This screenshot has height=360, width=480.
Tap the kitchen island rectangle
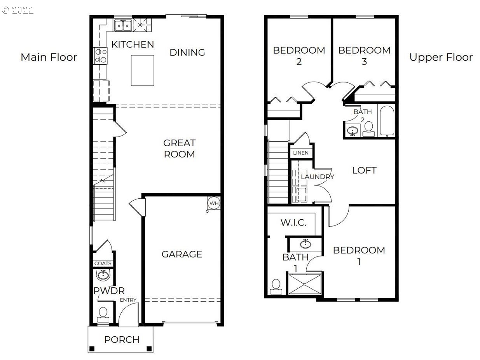(142, 70)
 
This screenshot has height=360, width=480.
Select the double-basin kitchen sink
(123, 25)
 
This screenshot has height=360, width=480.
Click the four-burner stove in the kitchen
(101, 56)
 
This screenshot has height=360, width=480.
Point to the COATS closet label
(103, 263)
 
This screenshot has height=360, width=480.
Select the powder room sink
(103, 276)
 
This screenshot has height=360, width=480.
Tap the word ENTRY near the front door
(128, 300)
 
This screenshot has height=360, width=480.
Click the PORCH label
(122, 340)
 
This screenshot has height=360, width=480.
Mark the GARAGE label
(182, 254)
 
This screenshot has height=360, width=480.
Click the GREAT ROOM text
(179, 149)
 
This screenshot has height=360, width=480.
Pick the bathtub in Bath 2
(387, 121)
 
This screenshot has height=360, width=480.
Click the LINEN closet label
(301, 153)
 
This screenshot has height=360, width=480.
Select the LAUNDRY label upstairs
(318, 177)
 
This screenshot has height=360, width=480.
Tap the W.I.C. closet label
(293, 223)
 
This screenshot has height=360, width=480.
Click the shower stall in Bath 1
(305, 284)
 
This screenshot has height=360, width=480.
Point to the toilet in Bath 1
(276, 287)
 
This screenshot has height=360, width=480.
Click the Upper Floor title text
(441, 58)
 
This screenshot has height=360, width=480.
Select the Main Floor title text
(49, 58)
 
